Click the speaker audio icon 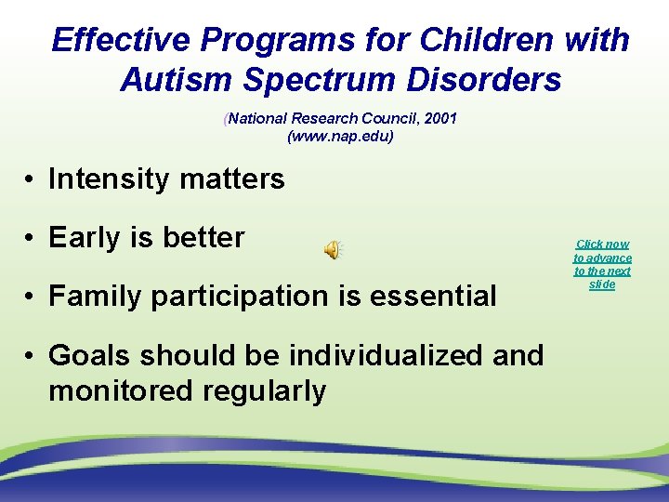[x=332, y=249]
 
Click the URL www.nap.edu [x=340, y=136]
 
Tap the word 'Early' [x=85, y=237]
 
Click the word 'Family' [x=98, y=297]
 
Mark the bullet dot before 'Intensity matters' [x=31, y=178]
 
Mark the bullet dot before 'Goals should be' [x=31, y=356]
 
